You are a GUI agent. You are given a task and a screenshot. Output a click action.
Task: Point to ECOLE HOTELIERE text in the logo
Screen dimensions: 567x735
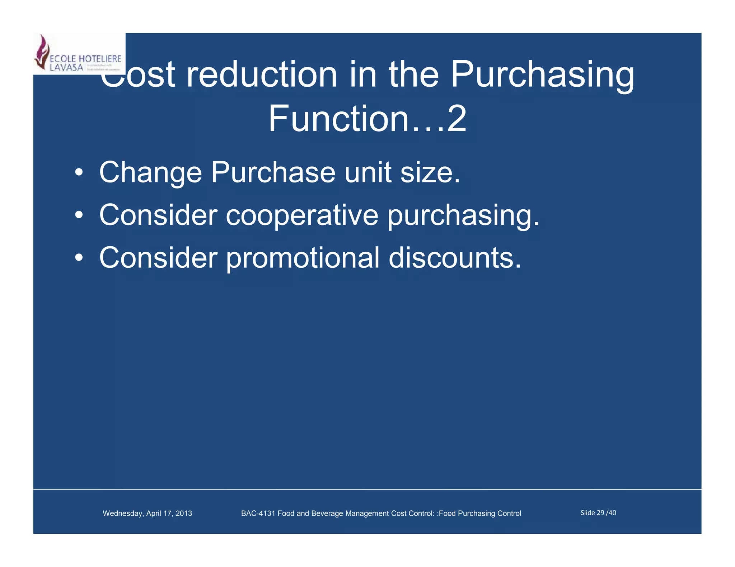click(85, 59)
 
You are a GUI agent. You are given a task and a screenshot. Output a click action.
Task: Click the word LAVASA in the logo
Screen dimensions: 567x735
click(66, 67)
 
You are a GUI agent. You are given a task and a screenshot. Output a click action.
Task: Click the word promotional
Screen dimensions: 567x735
click(303, 258)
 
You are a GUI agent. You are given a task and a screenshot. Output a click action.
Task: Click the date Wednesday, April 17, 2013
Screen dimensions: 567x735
click(147, 513)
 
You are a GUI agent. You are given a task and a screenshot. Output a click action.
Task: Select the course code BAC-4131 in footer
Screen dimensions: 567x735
click(258, 513)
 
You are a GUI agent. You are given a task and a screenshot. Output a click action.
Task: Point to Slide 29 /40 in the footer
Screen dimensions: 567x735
click(598, 513)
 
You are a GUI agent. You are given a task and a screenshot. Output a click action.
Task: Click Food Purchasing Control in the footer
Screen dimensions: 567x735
click(480, 513)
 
